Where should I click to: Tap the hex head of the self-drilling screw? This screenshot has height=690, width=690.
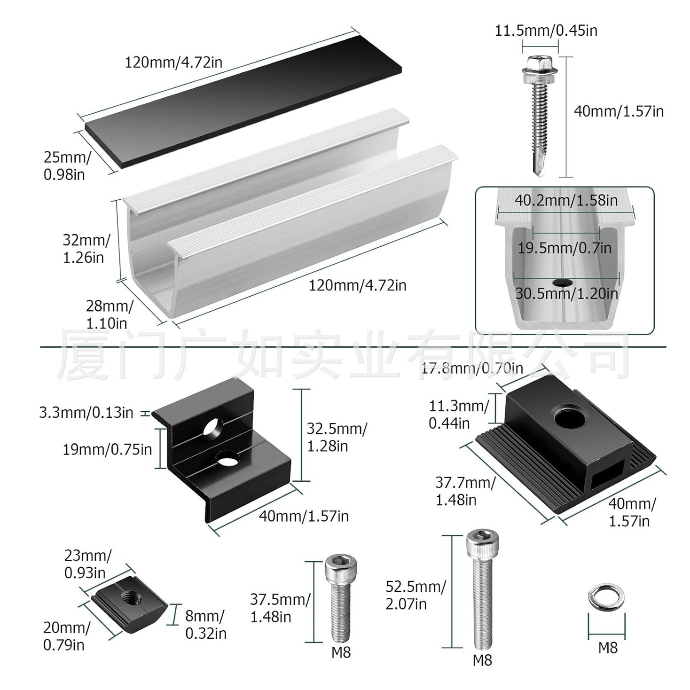tap(536, 63)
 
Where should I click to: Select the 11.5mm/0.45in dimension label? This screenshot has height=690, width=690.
tap(546, 31)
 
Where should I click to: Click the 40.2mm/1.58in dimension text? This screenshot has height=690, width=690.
tap(566, 201)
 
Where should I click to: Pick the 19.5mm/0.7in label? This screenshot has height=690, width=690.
tap(565, 248)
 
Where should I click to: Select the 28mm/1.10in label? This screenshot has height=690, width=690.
tap(108, 314)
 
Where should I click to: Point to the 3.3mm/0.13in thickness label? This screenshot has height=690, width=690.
tap(86, 413)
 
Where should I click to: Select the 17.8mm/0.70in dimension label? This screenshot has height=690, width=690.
tap(471, 368)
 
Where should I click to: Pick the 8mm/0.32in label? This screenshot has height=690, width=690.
tap(205, 624)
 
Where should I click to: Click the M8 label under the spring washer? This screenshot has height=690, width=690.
tap(607, 648)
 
